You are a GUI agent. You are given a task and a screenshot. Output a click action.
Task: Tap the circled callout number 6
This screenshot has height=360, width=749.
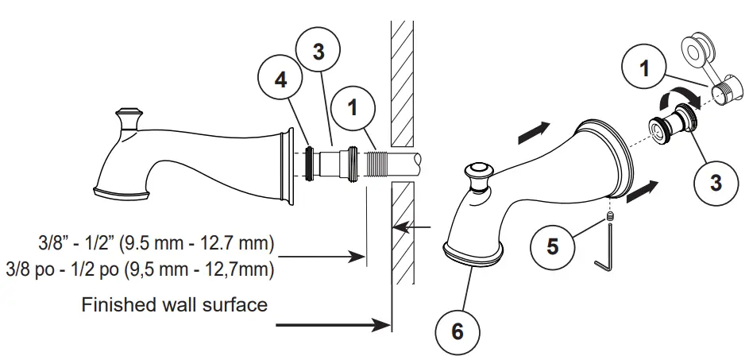pos(457,330)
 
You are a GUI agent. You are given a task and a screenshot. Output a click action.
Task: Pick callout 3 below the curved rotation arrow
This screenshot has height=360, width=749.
pos(716,183)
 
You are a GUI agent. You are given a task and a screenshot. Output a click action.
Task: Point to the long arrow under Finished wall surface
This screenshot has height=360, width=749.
pos(326,324)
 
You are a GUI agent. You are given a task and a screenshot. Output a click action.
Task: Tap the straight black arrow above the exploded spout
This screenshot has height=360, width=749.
pos(532,133)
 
